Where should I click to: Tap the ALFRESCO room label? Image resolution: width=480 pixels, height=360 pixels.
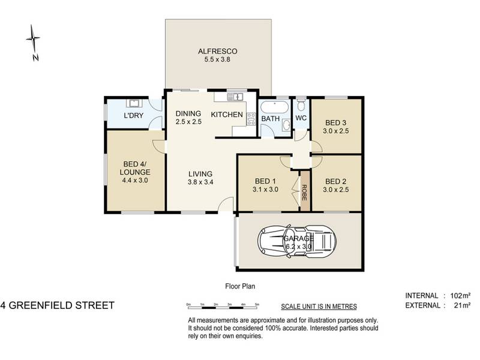(x=217, y=52)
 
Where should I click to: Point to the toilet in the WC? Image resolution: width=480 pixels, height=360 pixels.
(x=301, y=105)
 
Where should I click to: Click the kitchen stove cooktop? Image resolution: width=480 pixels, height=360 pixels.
(x=251, y=118)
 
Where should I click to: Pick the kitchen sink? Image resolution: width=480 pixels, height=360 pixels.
(x=235, y=97)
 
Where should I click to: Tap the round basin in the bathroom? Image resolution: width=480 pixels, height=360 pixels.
(x=286, y=125)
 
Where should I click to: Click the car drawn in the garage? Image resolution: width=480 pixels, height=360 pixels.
(x=296, y=242)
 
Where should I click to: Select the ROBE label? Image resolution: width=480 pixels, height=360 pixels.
(x=304, y=193)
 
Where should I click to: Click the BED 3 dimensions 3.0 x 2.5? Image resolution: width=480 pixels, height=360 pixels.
(x=336, y=131)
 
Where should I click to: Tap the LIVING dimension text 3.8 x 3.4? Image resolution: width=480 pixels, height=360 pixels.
(x=200, y=182)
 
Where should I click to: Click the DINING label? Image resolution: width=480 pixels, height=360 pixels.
(x=188, y=113)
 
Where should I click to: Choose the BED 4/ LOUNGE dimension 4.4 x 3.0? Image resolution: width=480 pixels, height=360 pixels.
(x=135, y=181)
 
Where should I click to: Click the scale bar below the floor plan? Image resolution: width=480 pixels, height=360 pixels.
(x=223, y=306)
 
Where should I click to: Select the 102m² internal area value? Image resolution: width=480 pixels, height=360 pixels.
(x=460, y=296)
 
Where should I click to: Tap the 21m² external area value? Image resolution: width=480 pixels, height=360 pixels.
(x=462, y=305)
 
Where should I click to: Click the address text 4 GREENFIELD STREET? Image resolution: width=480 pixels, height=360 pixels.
(x=57, y=305)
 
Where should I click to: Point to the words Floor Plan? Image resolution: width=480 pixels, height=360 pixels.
(x=240, y=286)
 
